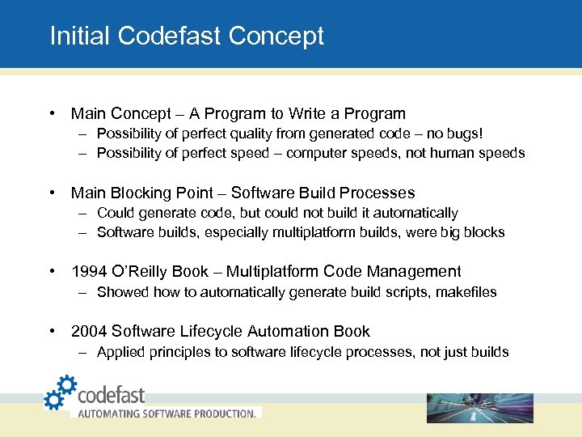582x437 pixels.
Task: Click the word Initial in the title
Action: click(x=81, y=36)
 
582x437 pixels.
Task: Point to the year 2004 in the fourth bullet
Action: click(x=89, y=332)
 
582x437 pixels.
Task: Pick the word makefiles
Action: click(x=466, y=292)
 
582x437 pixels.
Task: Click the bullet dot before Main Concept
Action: click(x=51, y=114)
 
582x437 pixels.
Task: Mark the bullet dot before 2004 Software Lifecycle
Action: click(x=51, y=332)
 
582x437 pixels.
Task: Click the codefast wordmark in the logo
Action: click(x=112, y=395)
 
